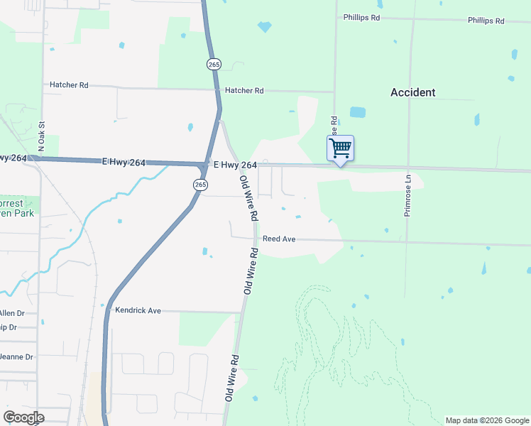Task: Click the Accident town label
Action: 412,92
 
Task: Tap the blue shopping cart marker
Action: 340,148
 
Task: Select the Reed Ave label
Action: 279,239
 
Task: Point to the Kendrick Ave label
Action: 138,310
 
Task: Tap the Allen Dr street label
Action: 11,313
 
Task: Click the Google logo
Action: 24,417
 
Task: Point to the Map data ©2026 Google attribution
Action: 486,420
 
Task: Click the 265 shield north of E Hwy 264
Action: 214,65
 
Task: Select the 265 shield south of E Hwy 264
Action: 200,185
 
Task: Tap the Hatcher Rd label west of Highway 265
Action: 69,85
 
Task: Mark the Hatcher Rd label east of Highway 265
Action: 244,91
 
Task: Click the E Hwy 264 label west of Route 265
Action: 124,163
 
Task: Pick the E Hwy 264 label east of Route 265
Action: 235,165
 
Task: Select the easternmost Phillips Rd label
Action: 486,21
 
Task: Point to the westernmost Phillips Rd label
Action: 361,17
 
